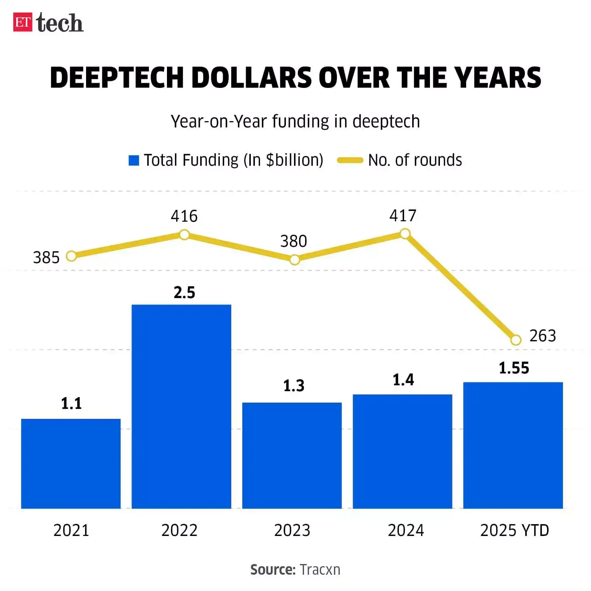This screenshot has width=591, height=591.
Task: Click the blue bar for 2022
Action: [181, 406]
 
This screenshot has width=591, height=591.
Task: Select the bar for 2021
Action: [71, 464]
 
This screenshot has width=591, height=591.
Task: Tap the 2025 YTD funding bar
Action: [513, 445]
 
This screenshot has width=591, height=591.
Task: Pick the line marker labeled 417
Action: [405, 233]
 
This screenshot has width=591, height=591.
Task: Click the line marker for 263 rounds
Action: [516, 340]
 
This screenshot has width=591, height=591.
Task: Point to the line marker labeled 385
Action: [71, 256]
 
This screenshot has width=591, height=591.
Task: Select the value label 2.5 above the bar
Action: [184, 293]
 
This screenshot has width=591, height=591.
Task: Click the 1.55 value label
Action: [514, 368]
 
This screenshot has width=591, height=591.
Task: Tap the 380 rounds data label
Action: [294, 242]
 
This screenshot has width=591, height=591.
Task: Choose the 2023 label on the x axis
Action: [292, 530]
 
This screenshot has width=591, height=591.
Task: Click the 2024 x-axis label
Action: [406, 530]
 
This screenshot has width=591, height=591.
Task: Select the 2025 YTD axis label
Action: [515, 530]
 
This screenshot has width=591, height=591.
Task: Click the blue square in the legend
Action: [134, 160]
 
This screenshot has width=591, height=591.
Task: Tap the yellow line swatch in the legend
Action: [350, 160]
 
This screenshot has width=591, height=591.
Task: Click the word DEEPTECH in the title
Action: [117, 78]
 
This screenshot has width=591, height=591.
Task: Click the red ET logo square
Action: [23, 22]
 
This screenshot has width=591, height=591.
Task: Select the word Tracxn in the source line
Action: [320, 570]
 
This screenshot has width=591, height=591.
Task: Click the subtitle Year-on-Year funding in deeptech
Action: [295, 122]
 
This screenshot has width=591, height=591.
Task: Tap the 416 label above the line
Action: [184, 216]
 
